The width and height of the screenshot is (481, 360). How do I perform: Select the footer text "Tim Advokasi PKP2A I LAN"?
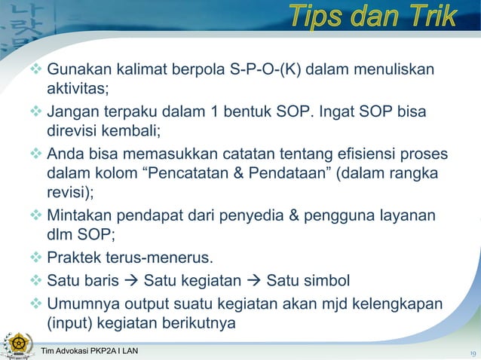(x=91, y=352)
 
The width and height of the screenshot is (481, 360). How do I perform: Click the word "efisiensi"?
(x=359, y=154)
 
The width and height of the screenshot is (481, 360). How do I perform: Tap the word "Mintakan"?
(x=79, y=216)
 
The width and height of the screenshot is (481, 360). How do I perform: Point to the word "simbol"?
(x=326, y=281)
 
